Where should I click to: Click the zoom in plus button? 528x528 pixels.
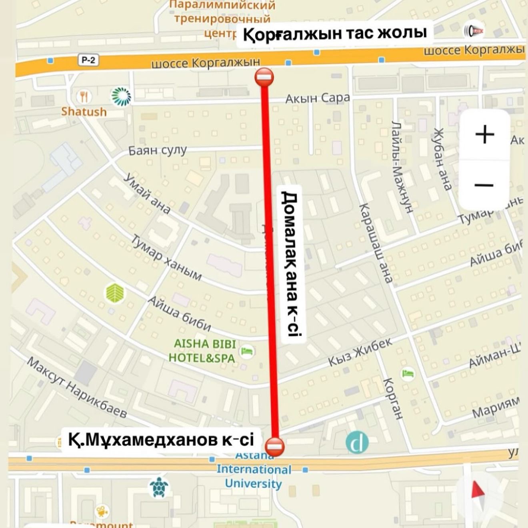click(x=485, y=134)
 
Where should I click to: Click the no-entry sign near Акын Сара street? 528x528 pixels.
click(x=264, y=76)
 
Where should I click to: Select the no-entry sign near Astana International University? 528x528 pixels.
click(x=276, y=445)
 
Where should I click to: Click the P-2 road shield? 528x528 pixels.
click(x=88, y=60)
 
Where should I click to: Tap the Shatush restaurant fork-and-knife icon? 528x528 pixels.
click(x=84, y=96)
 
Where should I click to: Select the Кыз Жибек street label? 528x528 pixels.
click(x=360, y=352)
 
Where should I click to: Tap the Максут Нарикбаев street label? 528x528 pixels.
click(x=77, y=387)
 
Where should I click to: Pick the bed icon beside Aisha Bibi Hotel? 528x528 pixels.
click(x=247, y=352)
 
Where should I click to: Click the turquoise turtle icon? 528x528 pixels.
click(x=159, y=487)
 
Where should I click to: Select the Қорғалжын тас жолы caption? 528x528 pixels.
click(x=335, y=34)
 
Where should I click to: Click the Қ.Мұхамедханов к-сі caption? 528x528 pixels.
click(x=161, y=440)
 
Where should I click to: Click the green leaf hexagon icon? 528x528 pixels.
click(x=115, y=293)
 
